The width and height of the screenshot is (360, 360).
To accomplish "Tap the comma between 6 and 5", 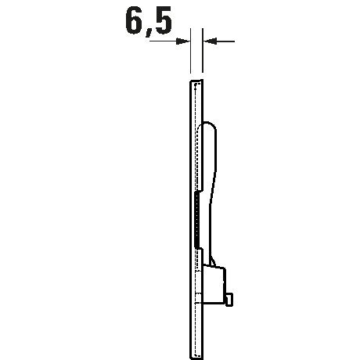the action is click(x=149, y=33).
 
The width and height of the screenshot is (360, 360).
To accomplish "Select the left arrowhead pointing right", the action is click(x=183, y=41).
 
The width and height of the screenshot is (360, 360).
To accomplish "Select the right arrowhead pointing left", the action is click(x=210, y=41).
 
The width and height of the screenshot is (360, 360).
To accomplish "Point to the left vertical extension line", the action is click(x=191, y=51).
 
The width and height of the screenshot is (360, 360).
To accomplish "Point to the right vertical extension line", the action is click(x=203, y=51).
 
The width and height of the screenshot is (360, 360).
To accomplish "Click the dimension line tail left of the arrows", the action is click(x=163, y=41).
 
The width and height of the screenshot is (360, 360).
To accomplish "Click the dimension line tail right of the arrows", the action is click(x=225, y=41).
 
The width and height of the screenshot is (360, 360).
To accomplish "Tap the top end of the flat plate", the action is click(x=196, y=81).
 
